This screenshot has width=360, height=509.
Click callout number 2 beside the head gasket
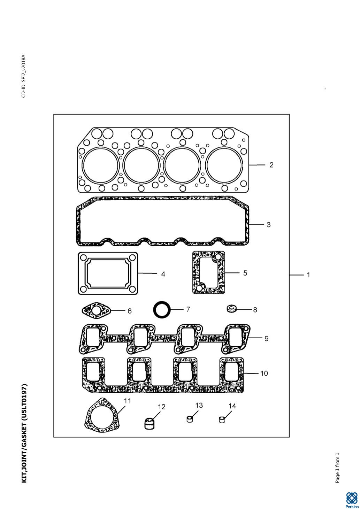click(271, 165)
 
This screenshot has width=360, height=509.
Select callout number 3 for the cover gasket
click(269, 225)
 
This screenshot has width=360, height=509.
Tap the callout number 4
click(163, 274)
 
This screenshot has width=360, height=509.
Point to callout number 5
click(245, 273)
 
